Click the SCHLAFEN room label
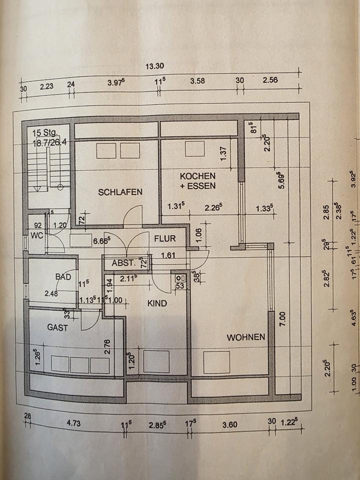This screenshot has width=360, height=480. tap(120, 192)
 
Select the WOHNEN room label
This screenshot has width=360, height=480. tap(245, 337)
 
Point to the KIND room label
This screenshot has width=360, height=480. tap(157, 303)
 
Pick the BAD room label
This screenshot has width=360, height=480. tap(63, 276)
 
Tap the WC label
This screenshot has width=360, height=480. tap(37, 235)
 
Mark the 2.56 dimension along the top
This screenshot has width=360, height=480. tap(269, 80)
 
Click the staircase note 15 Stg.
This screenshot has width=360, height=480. tap(45, 133)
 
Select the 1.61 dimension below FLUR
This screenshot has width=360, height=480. tap(168, 255)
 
